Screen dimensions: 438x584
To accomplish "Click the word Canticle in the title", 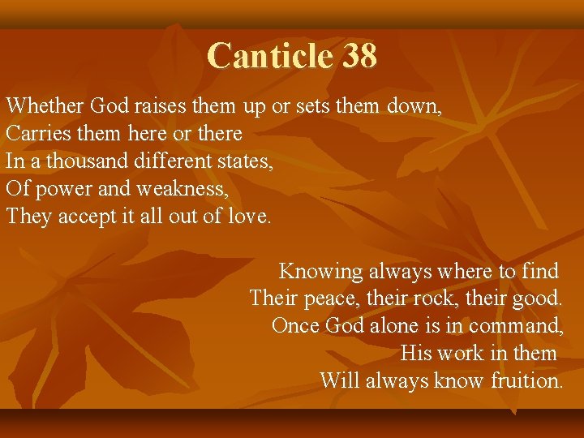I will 270,57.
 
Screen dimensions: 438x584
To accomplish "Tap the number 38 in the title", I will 359,57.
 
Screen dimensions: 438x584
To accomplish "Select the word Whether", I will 45,105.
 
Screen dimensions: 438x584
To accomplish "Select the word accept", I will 87,217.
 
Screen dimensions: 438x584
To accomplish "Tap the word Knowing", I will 321,271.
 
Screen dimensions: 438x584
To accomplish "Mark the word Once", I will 295,326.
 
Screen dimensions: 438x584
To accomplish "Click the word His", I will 417,354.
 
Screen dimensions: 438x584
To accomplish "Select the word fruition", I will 526,380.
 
